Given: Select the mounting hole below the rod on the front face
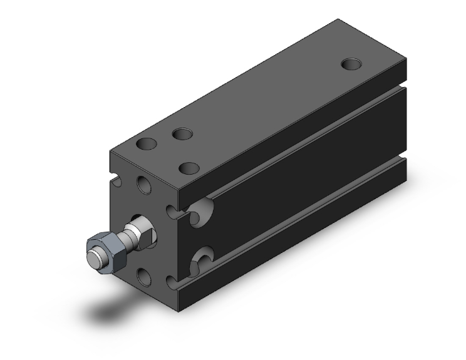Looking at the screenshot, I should pyautogui.click(x=143, y=276).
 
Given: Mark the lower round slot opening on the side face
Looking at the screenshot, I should pyautogui.click(x=202, y=258).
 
